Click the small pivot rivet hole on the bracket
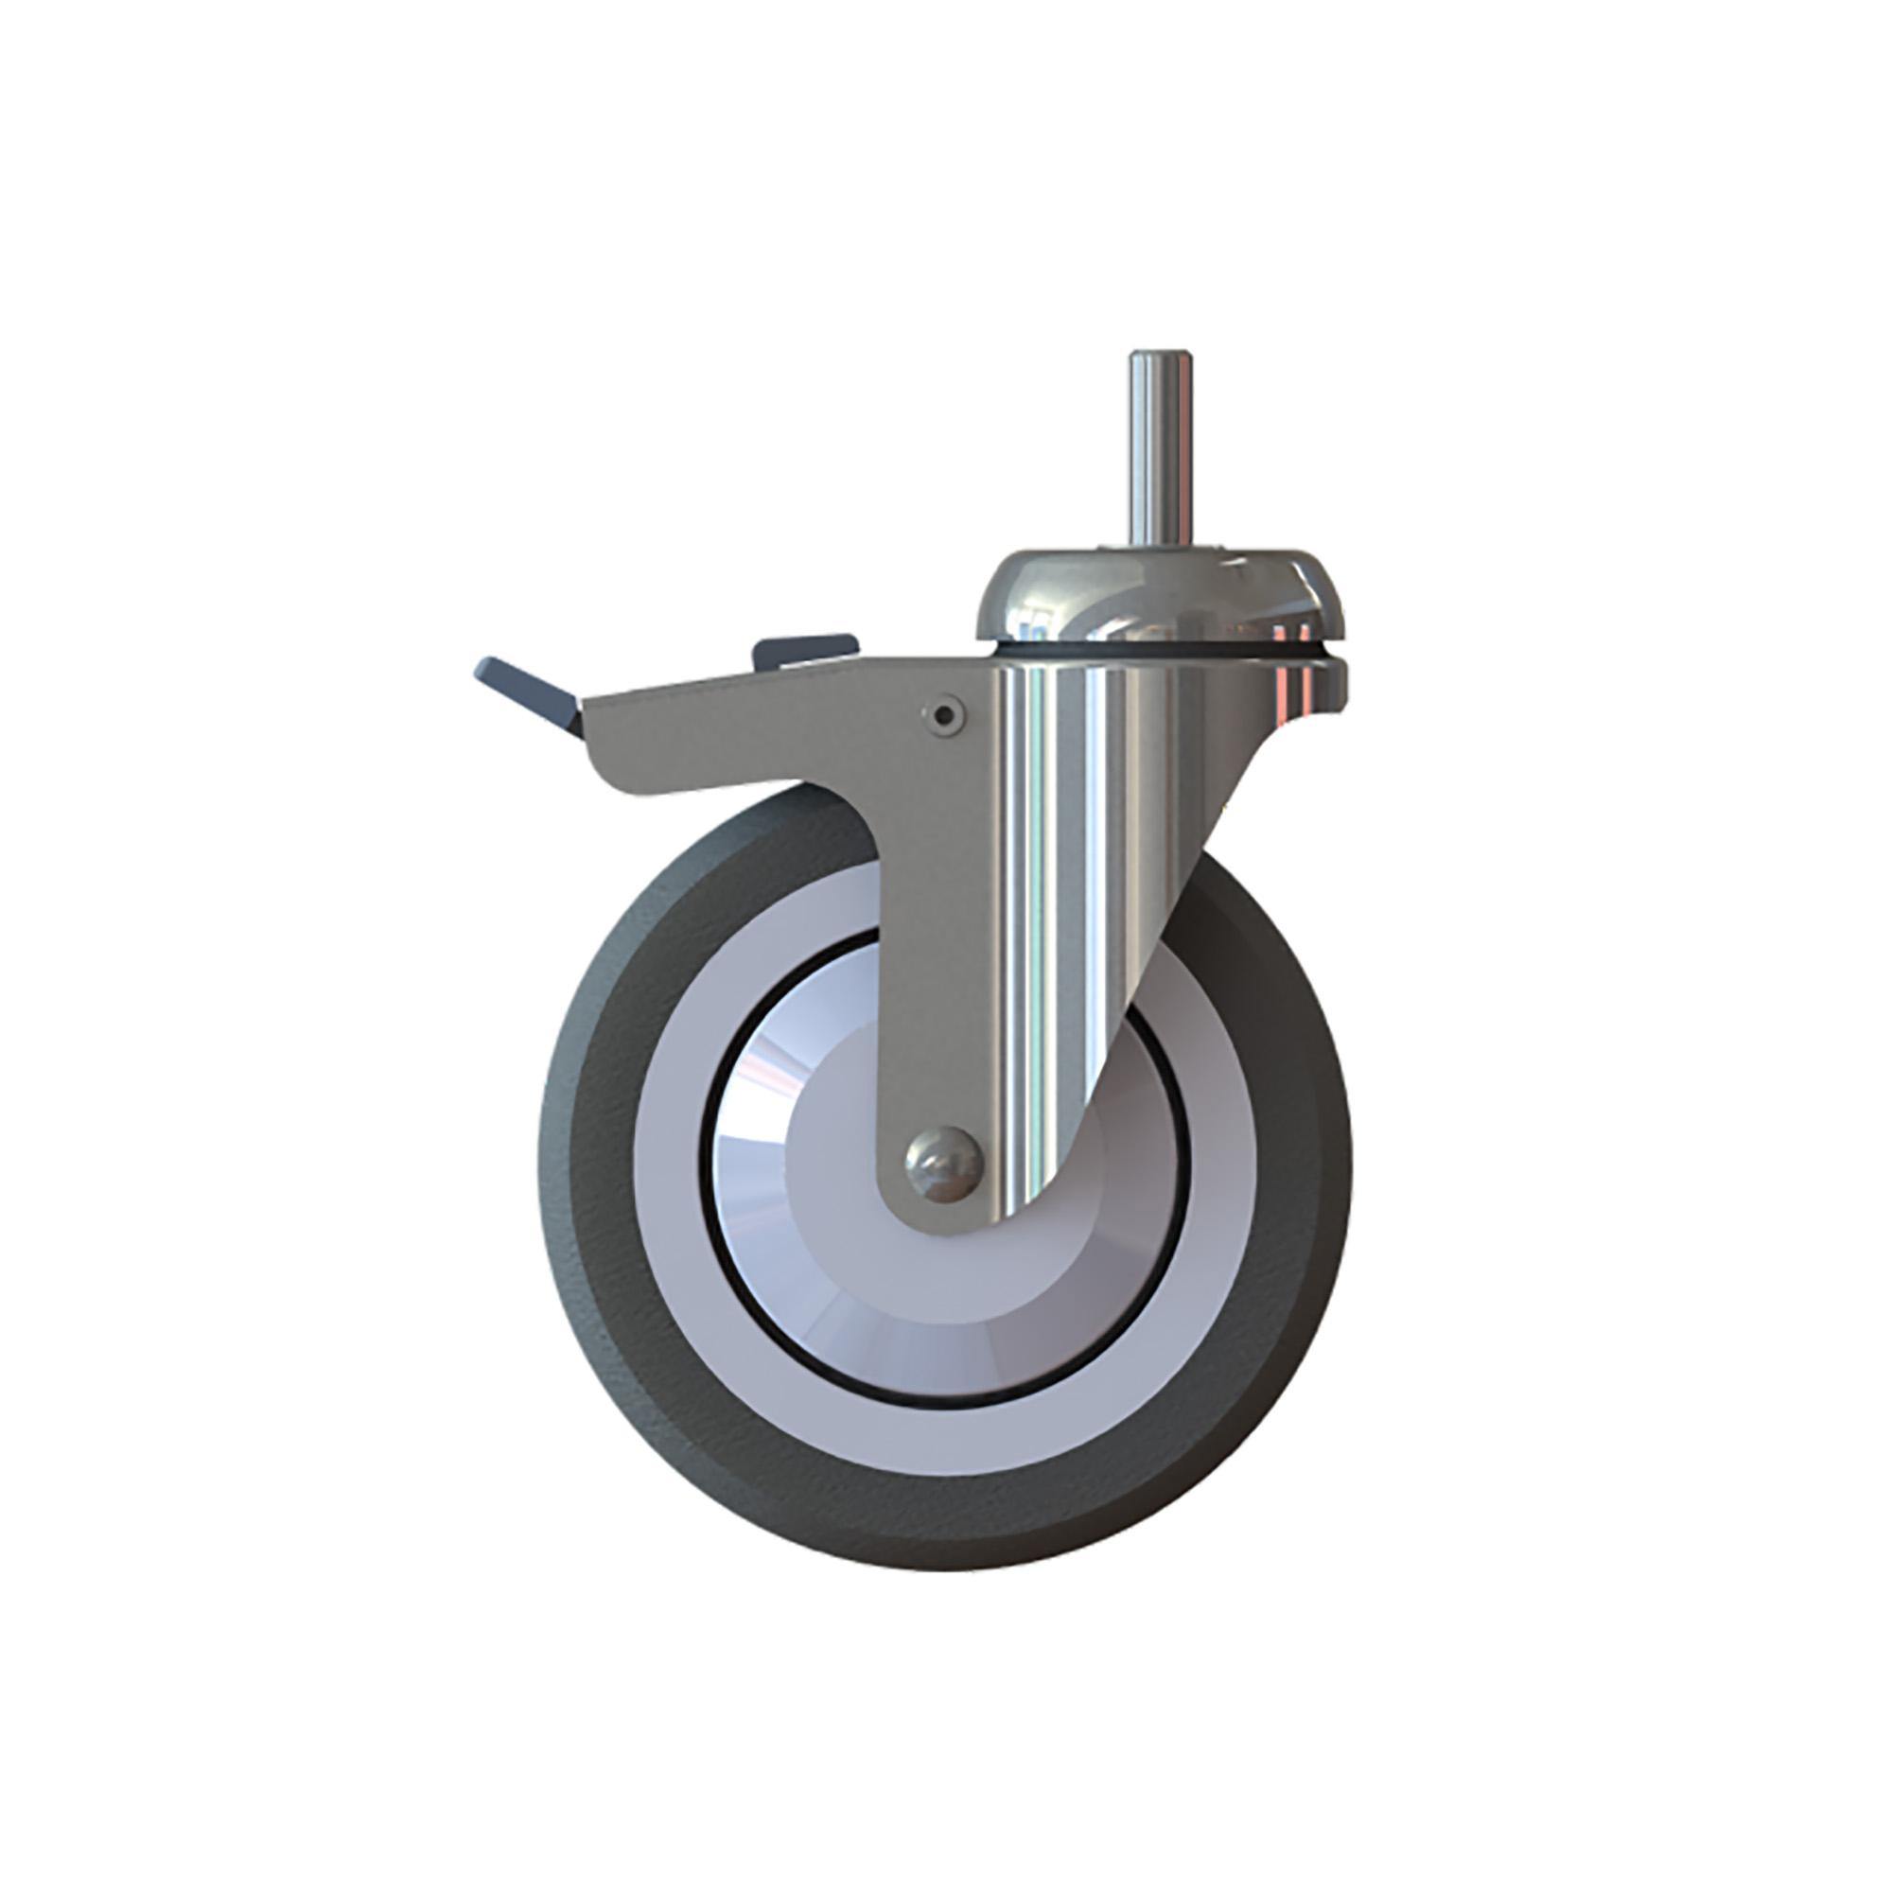coord(943,717)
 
